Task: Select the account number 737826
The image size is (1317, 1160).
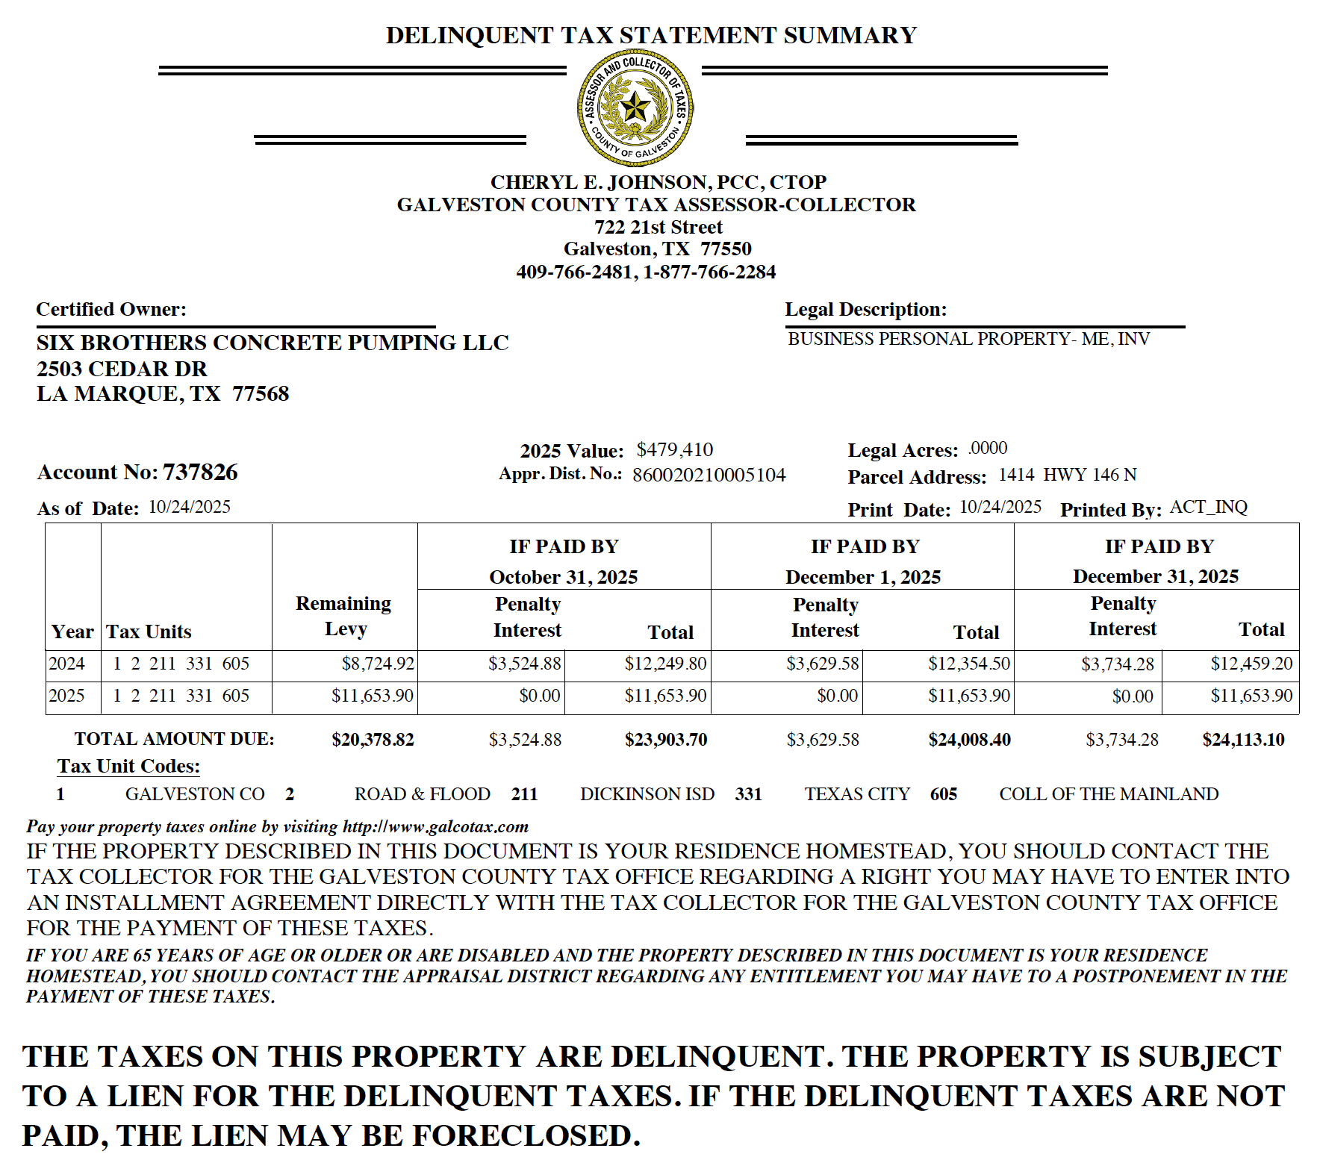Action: [x=200, y=472]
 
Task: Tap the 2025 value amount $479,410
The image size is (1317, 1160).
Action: [x=674, y=449]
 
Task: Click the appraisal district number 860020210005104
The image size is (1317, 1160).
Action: [x=709, y=475]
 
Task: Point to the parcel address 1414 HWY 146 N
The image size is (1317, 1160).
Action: [x=1067, y=475]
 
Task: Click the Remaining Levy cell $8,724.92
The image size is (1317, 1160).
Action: [x=378, y=664]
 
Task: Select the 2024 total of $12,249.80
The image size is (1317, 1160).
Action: [x=665, y=664]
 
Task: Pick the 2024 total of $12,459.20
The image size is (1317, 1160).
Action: [x=1251, y=664]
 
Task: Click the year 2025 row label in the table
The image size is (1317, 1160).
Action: [x=66, y=696]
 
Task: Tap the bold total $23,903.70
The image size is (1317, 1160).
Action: [x=665, y=740]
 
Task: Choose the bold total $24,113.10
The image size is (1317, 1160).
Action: [x=1243, y=740]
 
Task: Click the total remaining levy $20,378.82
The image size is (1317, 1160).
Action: [x=373, y=740]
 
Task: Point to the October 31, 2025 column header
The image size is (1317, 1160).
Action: [x=564, y=577]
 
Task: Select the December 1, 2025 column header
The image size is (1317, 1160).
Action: [x=863, y=577]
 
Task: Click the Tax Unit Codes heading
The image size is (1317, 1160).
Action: [x=129, y=767]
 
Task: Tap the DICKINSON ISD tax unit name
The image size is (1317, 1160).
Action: [x=647, y=794]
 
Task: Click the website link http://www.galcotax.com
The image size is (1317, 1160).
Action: [x=435, y=827]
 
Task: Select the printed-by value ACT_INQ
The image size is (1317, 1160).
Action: [x=1208, y=508]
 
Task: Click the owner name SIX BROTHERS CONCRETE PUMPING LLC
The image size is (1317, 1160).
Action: [x=273, y=343]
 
